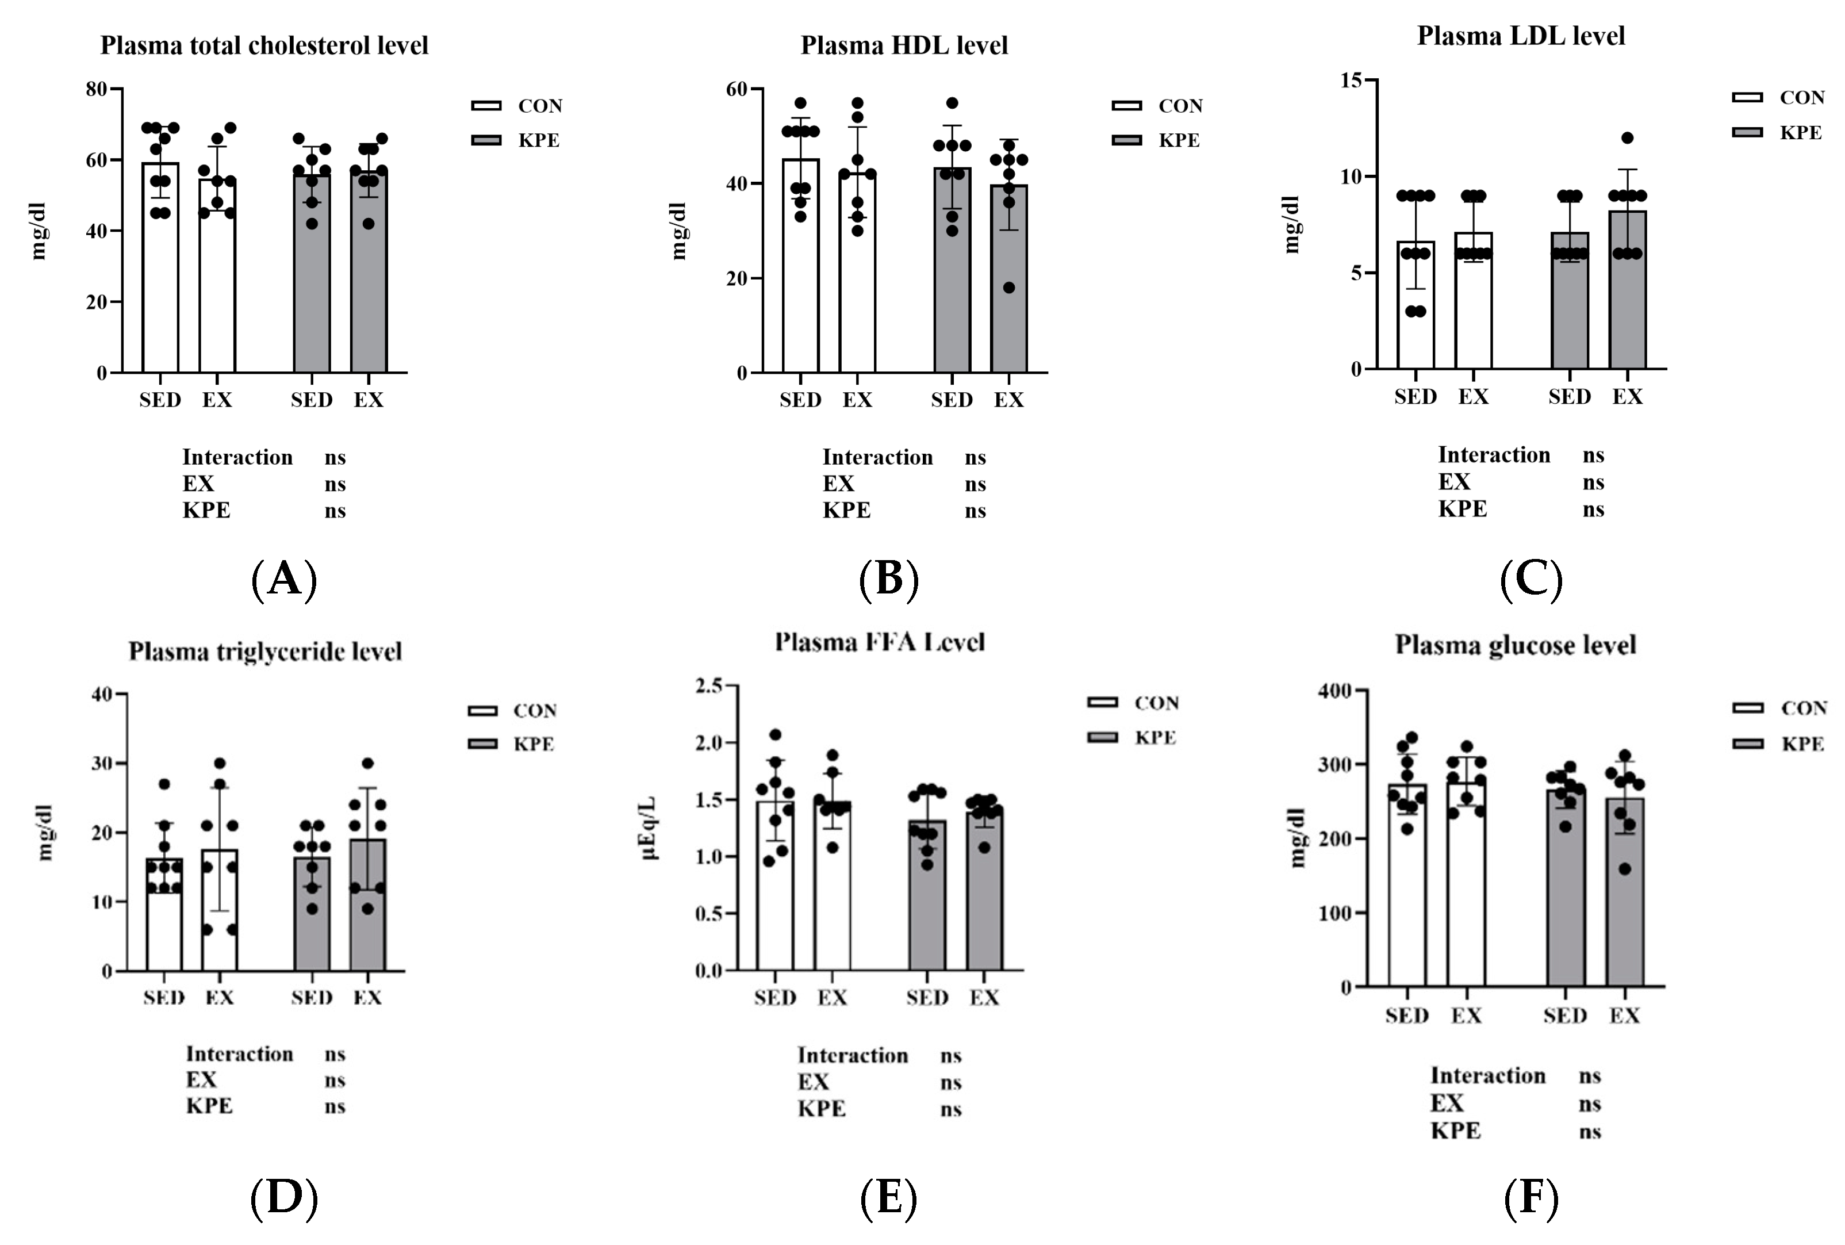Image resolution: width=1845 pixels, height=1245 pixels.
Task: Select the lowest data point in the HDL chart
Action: tap(1008, 288)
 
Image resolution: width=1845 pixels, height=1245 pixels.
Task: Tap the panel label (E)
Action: tap(888, 1198)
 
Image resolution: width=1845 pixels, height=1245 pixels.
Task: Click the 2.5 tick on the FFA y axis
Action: tap(708, 686)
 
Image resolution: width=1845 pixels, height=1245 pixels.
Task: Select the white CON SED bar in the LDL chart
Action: tap(1416, 317)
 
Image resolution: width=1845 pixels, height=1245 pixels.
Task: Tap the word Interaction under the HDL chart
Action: tap(877, 457)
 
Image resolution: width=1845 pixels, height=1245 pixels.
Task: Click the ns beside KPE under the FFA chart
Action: tap(950, 1109)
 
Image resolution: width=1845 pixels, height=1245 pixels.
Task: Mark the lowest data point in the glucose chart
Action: tap(1625, 869)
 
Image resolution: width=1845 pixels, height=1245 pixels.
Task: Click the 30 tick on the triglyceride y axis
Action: tap(102, 764)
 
